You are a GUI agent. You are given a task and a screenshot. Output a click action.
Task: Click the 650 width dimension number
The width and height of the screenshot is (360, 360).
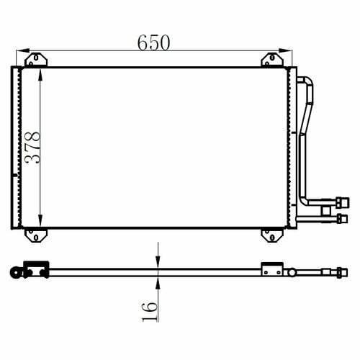coord(154,42)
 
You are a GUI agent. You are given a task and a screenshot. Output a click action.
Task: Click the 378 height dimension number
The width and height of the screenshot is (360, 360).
coord(33,148)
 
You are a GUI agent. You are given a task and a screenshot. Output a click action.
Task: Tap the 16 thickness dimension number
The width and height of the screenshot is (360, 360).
coord(150,312)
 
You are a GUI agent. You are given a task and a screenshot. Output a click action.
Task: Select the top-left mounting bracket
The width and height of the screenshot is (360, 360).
coord(36,59)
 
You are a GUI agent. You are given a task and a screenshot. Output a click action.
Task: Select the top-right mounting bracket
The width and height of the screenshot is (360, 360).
coord(272,59)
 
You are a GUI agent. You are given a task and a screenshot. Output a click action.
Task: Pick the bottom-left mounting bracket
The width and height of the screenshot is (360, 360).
coord(36,235)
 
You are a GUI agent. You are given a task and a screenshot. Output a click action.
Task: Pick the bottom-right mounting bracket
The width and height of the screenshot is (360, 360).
coord(272,235)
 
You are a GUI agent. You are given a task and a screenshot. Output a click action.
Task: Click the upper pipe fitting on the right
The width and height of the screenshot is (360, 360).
coord(343,202)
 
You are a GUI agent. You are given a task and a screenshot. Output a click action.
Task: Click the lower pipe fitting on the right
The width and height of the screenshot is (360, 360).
coord(342,219)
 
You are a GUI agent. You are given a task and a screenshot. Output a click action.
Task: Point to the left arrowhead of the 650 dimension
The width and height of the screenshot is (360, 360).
coord(22,50)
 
